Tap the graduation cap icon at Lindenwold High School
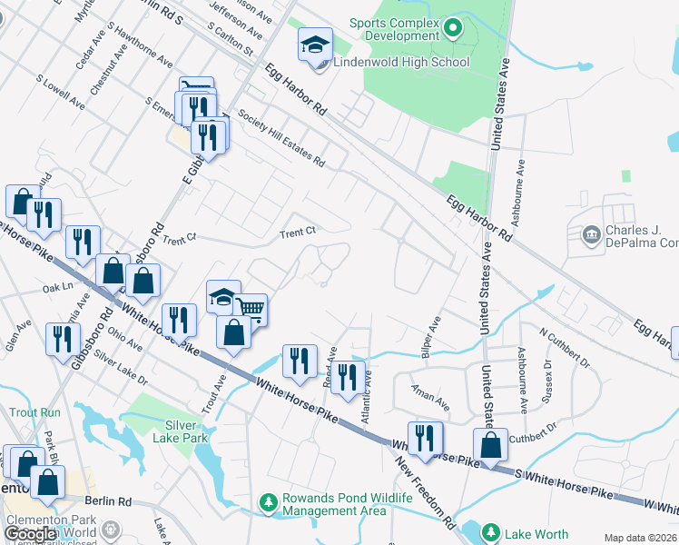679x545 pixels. (x=315, y=45)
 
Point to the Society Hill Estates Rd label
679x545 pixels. (x=281, y=138)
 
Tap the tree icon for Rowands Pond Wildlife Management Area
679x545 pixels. (x=268, y=501)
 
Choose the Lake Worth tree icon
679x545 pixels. (x=491, y=532)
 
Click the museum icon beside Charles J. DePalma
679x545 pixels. (x=591, y=236)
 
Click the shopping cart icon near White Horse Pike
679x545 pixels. (x=250, y=310)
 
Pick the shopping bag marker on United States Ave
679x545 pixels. (x=490, y=446)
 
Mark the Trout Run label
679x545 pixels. (x=34, y=412)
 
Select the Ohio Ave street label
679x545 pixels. (x=126, y=338)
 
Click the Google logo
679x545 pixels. (x=30, y=534)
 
